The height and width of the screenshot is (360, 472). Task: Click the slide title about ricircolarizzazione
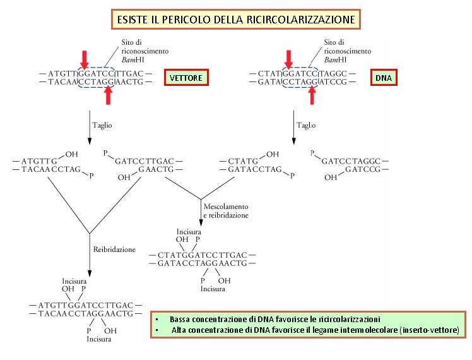236,20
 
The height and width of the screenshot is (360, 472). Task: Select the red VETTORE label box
186,78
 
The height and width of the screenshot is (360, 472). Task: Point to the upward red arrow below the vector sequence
108,95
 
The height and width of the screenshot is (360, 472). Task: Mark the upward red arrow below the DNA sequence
311,95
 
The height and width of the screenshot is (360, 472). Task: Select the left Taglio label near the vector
102,125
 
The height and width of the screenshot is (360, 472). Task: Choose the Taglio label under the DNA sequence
305,125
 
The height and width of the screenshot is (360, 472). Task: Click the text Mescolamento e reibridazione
226,210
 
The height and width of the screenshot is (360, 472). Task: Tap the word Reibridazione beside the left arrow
114,249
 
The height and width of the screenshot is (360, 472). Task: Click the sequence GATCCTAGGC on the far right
352,161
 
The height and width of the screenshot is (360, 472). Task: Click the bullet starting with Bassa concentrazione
274,320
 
